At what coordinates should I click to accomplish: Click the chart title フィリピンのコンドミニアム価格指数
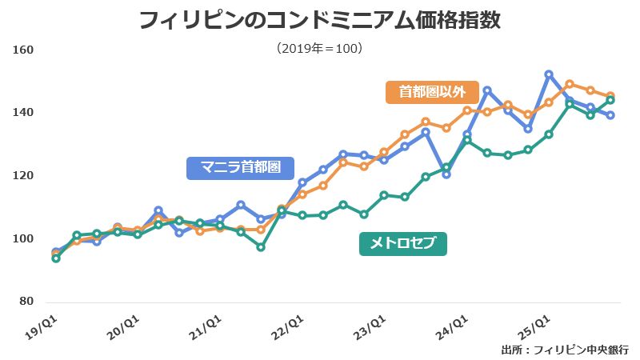coord(320,19)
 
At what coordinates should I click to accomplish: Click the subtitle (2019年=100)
coord(320,49)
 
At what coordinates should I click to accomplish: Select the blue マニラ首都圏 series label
coord(240,168)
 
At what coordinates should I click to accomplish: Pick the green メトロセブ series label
coord(403,243)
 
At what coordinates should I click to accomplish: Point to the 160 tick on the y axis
coord(23,50)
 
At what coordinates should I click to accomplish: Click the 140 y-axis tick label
coord(23,113)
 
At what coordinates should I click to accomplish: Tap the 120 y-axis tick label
coord(23,176)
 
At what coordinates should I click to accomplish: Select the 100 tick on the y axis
coord(23,239)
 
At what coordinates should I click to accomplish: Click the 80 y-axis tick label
coord(26,302)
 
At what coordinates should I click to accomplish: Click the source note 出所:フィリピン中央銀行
coord(565,350)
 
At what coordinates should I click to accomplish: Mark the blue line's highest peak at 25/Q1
coord(549,74)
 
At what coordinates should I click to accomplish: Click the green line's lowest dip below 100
coord(261,247)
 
